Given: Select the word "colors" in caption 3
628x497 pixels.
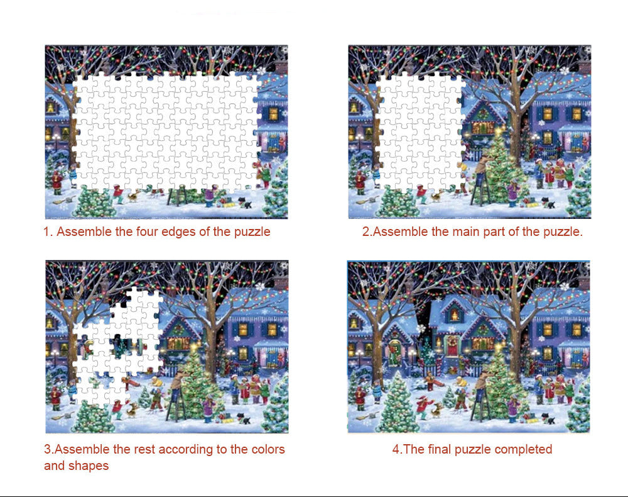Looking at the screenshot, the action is (x=268, y=449).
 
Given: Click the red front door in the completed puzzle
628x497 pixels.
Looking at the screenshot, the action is (x=452, y=348).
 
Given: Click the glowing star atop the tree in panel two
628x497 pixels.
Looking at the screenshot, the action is (x=498, y=131).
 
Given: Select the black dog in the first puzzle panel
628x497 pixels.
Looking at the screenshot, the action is (x=246, y=203).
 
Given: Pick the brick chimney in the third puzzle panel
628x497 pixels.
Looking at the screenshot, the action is (x=282, y=282).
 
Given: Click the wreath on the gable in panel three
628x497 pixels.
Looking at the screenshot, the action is (x=178, y=330).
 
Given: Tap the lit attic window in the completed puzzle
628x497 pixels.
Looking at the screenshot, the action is (x=454, y=315).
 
